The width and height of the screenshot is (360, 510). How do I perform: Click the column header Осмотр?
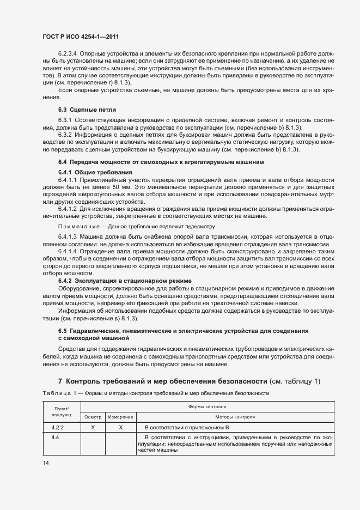(93, 417)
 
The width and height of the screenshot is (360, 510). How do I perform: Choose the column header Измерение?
(120, 417)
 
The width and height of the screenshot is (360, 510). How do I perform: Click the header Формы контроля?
(209, 406)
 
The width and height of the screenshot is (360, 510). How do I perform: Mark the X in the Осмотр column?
(93, 428)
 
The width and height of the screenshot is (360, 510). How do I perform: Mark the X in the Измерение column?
(120, 428)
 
